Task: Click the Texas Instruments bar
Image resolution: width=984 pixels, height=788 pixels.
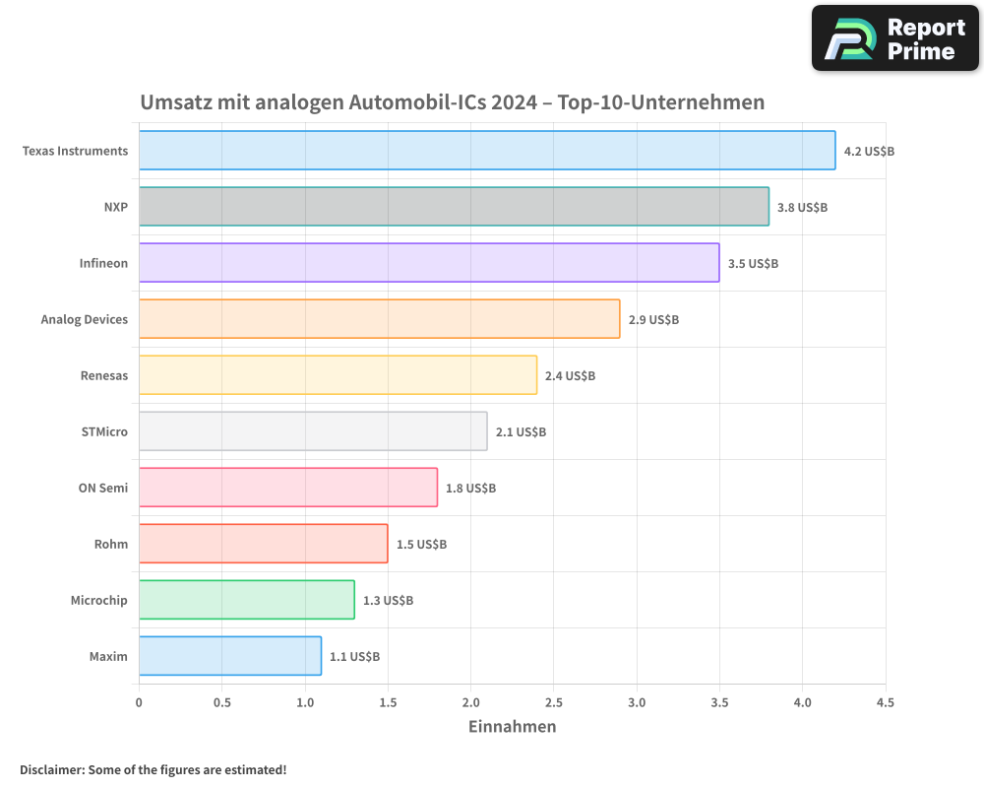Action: [x=487, y=151]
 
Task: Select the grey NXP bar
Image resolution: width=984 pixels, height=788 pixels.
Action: [x=454, y=207]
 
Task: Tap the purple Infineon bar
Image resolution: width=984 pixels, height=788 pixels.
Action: [x=429, y=263]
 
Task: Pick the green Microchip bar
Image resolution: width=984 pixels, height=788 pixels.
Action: [x=246, y=600]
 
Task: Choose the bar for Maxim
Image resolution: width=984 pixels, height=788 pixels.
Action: [x=229, y=656]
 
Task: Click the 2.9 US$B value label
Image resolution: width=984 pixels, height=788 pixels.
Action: [x=653, y=320]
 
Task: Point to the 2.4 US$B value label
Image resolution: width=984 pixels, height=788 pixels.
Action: [x=570, y=376]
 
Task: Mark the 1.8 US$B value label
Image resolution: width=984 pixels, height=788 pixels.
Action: [x=470, y=489]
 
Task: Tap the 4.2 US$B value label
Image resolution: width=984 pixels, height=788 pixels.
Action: [x=869, y=152]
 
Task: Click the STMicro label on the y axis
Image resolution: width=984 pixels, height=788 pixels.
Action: [x=104, y=432]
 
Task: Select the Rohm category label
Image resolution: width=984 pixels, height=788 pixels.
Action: [x=111, y=545]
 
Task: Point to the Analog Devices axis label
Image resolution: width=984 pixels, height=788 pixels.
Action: [x=85, y=320]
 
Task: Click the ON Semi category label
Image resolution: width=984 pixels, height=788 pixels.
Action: [x=103, y=489]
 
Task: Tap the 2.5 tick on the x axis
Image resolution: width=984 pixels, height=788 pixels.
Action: [x=553, y=703]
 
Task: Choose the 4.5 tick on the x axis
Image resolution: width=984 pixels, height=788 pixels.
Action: [x=885, y=703]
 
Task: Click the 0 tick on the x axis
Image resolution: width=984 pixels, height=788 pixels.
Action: [x=139, y=703]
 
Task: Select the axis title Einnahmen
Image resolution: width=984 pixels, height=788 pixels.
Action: [x=512, y=727]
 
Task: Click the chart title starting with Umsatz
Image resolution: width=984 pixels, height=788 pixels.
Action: [x=452, y=102]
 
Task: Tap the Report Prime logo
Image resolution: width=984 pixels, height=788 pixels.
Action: [x=894, y=38]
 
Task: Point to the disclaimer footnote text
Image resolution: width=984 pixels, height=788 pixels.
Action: [x=153, y=769]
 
